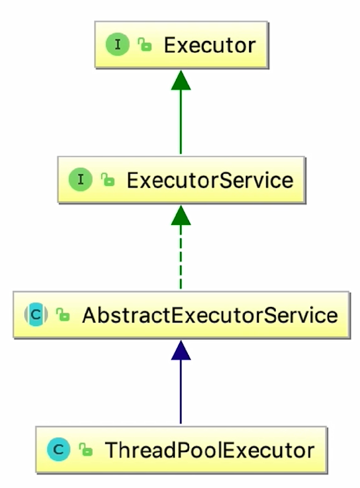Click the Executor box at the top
[182, 45]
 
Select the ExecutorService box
[182, 180]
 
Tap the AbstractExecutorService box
[182, 314]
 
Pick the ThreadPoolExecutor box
[182, 450]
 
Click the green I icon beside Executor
[118, 45]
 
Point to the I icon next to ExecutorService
[81, 180]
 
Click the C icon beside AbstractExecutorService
[36, 314]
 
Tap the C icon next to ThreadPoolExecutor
[58, 450]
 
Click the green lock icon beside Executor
[144, 45]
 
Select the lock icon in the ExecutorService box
[108, 180]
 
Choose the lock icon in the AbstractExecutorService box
[63, 314]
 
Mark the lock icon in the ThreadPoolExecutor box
[86, 450]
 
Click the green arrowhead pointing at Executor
[181, 80]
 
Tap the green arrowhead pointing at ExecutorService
[181, 215]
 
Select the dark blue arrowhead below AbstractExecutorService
[181, 350]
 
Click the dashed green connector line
[181, 257]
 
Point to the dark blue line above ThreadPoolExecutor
[181, 392]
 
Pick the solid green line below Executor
[181, 122]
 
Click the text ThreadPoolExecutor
[210, 450]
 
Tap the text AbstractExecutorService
[210, 315]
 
